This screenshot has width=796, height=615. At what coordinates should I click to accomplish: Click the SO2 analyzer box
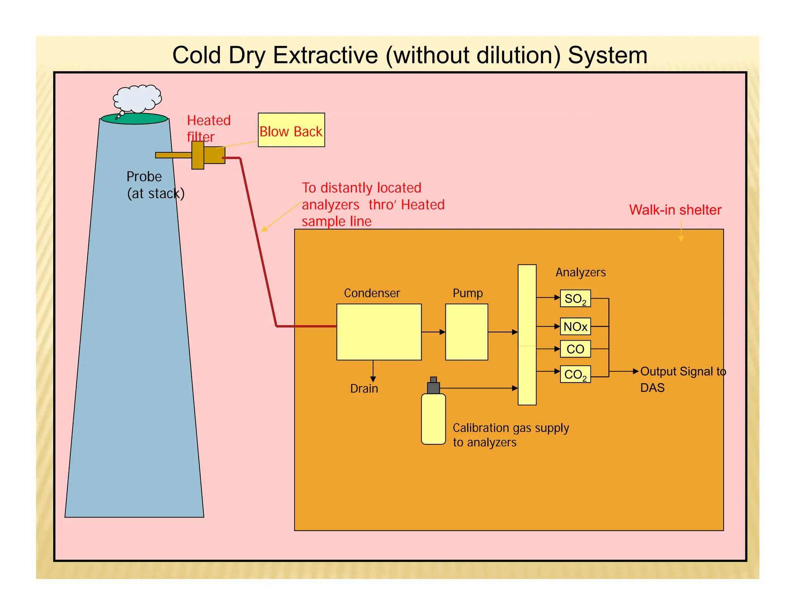coord(575,299)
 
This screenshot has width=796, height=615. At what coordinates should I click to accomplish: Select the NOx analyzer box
coord(575,327)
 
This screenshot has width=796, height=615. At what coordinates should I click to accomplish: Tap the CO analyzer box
coord(575,349)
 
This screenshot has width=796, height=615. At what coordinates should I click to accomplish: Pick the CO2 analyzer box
coord(575,374)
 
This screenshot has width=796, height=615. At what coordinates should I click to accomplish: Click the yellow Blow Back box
coord(291,130)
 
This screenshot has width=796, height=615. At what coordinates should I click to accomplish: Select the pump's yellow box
coord(466,332)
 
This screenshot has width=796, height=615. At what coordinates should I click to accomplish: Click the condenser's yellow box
coord(379,332)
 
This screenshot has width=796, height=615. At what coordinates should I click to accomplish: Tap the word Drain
coord(364,388)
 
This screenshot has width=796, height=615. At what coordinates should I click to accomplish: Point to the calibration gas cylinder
coord(433,419)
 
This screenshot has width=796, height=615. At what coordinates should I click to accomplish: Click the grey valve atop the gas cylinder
coord(433,386)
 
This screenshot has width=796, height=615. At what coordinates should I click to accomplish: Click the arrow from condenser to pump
coord(433,332)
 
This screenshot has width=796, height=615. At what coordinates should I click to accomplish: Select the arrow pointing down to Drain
coord(373,372)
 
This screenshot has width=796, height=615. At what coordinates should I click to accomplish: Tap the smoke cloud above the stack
coord(137,98)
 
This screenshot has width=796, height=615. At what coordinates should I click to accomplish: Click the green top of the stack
coord(134,119)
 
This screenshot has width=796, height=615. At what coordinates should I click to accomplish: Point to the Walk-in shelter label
coord(675,210)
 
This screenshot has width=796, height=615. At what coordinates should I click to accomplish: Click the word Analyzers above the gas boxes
coord(581,272)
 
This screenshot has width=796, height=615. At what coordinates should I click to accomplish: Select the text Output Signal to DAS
coord(683,379)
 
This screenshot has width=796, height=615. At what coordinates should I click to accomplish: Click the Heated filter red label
coord(208,128)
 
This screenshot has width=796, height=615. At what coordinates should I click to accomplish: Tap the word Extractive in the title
coord(325,55)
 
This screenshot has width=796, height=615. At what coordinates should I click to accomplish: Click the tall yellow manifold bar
coord(527,335)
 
